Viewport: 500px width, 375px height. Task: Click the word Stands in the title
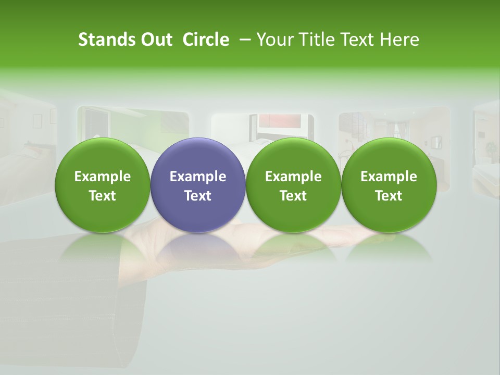[106, 40]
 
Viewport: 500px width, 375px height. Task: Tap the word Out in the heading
[155, 40]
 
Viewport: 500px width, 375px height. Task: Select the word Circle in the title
[206, 40]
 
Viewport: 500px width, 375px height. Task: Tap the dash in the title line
[245, 40]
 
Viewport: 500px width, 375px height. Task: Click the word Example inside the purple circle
[198, 177]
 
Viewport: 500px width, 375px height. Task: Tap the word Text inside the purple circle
[198, 196]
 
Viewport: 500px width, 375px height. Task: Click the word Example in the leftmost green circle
[102, 177]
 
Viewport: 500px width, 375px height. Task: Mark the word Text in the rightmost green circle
[389, 196]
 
